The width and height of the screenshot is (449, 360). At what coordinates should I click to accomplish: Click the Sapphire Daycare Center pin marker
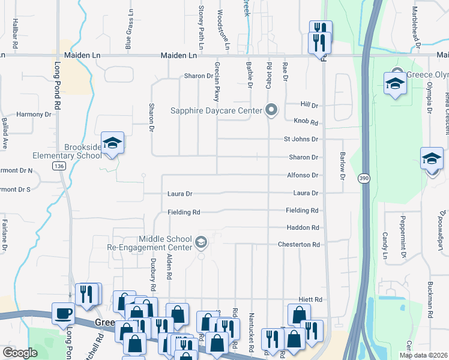point(272,110)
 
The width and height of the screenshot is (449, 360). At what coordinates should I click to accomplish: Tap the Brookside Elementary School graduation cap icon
point(112,143)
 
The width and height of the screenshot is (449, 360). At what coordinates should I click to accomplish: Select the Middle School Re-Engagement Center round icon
point(201,243)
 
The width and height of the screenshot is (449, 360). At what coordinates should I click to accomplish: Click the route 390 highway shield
point(364,179)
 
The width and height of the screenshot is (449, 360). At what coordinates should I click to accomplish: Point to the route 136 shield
point(58,166)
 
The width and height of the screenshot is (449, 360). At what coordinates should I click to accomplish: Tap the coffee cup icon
point(64,313)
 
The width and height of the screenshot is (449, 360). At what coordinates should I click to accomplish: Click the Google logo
point(20,353)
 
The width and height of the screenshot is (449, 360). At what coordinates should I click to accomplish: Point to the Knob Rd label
point(306,121)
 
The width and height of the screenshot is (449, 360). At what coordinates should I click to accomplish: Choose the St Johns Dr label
point(301,139)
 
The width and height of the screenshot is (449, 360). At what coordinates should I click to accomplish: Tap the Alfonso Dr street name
point(302,175)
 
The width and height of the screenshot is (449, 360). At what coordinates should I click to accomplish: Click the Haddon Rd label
point(303,228)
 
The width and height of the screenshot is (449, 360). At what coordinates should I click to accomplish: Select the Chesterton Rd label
point(298,245)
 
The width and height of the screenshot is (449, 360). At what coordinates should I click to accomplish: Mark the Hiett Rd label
point(310,299)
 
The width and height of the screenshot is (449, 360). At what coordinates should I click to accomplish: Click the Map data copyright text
point(423,355)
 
